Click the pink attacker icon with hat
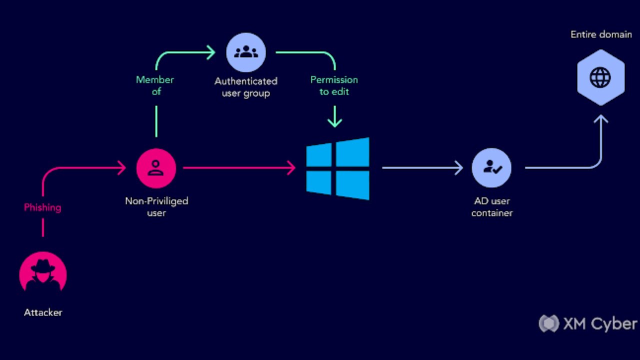[x=43, y=274]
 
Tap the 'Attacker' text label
[x=43, y=312]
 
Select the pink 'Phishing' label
[x=42, y=207]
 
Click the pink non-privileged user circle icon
[x=156, y=168]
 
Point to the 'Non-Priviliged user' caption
[x=156, y=206]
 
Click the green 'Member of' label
[x=155, y=85]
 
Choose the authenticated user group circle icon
[x=245, y=52]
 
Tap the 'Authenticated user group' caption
[x=245, y=87]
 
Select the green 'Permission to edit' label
[x=334, y=85]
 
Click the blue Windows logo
[x=338, y=168]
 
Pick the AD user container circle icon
[x=491, y=168]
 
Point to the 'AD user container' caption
[x=492, y=206]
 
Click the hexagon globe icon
[x=600, y=77]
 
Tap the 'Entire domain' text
[x=601, y=34]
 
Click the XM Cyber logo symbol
[x=548, y=323]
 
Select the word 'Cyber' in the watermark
[x=614, y=324]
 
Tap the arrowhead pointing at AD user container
[x=458, y=168]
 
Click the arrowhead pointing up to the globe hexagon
[x=600, y=119]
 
